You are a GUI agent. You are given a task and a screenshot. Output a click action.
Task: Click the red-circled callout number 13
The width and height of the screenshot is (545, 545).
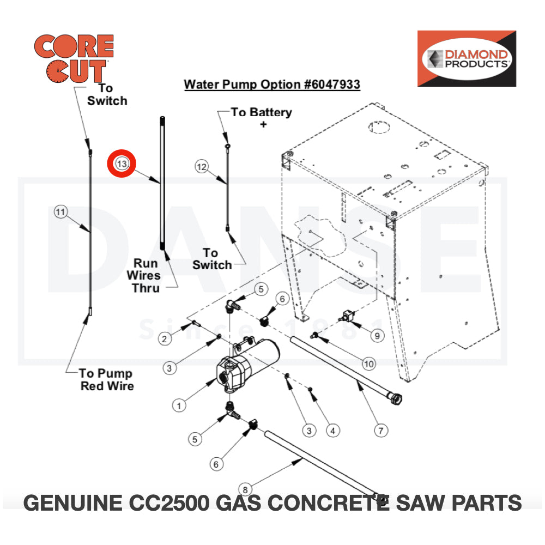pos(123,163)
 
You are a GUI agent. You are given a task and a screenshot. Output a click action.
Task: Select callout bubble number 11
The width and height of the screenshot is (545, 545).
pos(60,211)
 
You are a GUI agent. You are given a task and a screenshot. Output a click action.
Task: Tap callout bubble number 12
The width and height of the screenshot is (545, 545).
pos(202,167)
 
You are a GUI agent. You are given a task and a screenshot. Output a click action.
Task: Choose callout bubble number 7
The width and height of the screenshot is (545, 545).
pos(382,431)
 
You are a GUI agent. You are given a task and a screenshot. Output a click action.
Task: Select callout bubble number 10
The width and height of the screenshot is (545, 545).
pos(369,363)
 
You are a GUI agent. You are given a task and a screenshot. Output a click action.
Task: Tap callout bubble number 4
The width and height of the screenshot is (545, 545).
pos(333,431)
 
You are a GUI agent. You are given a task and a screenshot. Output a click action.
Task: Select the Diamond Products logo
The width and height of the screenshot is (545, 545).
pos(466,58)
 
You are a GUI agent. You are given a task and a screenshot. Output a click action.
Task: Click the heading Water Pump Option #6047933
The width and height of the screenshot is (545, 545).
pos(272,84)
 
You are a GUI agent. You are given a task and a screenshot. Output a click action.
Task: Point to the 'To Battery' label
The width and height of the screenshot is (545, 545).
pos(261,112)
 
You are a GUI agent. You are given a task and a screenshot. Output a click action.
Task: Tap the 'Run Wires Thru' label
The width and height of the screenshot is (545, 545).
pos(146,275)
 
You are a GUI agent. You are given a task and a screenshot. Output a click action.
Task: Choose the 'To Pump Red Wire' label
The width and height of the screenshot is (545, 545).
pos(106,379)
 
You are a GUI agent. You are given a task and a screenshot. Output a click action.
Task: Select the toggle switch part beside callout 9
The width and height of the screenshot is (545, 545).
pos(347,316)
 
